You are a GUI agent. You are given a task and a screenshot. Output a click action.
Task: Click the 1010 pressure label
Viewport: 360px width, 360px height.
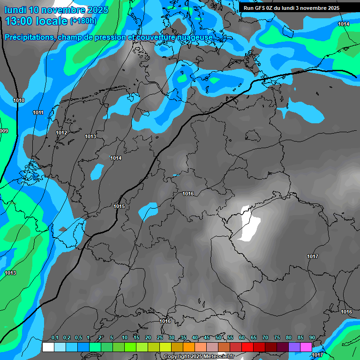coord(19,100)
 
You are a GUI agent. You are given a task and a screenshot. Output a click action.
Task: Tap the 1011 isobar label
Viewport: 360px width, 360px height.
coord(38,112)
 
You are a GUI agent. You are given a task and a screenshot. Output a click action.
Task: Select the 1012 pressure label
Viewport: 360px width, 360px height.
coord(61,133)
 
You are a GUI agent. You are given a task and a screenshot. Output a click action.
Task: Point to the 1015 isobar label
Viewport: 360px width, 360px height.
coord(119,206)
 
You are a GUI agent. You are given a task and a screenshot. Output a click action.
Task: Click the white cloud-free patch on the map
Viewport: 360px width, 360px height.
coord(250,224)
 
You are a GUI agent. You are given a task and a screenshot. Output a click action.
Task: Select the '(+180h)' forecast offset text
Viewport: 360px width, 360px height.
coord(83,21)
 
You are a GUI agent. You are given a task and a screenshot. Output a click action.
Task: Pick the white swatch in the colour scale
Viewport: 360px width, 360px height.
coord(48,347)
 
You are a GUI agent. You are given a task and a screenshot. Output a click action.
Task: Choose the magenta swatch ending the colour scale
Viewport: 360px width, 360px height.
coord(306,347)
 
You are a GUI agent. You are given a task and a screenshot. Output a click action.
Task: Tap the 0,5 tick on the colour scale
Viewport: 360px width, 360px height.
coord(78,338)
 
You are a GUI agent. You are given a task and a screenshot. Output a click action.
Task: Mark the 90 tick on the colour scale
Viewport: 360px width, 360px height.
coord(312,338)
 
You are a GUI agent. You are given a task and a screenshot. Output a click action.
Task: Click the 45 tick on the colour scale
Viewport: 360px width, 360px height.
coord(207,338)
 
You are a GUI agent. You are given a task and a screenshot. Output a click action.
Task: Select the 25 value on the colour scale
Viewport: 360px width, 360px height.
coord(160,338)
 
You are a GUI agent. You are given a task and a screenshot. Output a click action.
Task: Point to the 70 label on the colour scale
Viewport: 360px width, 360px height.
coord(265,338)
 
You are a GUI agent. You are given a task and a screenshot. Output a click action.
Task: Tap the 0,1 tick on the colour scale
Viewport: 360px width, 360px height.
coord(55,338)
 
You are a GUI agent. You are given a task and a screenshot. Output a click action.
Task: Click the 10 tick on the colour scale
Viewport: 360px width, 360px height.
coord(125,338)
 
